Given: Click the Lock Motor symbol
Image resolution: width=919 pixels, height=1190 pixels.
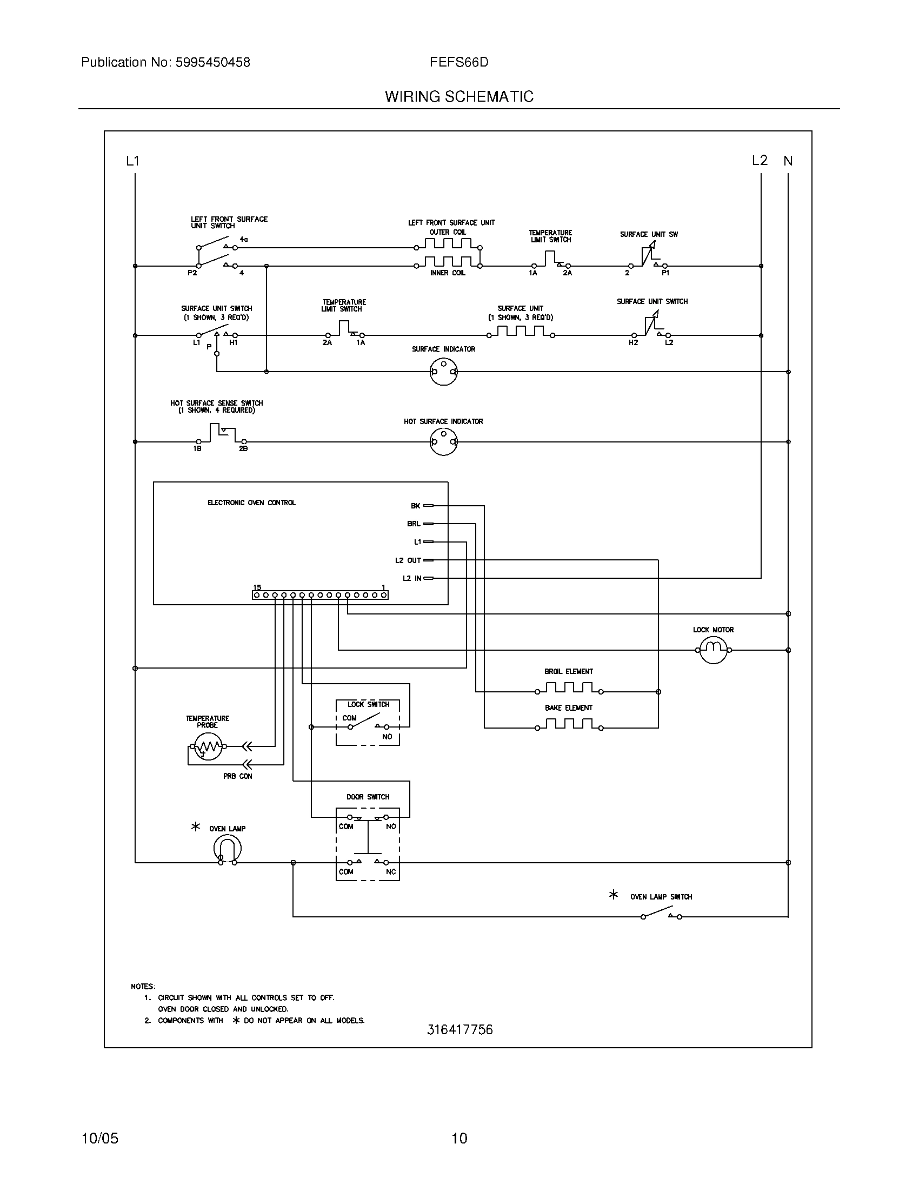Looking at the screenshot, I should tap(713, 650).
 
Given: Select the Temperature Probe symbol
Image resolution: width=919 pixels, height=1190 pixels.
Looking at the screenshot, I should tap(208, 746).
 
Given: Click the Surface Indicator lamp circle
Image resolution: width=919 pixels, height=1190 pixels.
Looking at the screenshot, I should tap(443, 372).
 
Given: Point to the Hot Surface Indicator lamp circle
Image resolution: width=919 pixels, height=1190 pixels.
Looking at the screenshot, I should tap(443, 442).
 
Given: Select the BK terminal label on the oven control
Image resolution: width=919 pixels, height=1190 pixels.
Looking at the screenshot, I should tap(415, 506).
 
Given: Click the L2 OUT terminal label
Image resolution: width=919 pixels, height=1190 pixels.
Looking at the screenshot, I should tap(408, 560).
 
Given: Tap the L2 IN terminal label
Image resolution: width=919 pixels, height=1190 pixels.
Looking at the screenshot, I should tap(411, 578).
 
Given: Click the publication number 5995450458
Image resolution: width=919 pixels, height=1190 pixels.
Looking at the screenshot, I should tap(213, 63).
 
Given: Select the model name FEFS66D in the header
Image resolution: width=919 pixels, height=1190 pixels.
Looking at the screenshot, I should tap(459, 63).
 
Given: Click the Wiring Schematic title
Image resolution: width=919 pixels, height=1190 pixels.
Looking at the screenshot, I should tap(459, 97).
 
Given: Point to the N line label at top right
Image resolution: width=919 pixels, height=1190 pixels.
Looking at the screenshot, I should tap(788, 161).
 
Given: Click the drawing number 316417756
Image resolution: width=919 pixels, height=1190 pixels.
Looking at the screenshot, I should tap(459, 1030).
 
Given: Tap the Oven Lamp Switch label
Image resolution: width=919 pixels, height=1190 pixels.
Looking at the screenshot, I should tap(661, 897).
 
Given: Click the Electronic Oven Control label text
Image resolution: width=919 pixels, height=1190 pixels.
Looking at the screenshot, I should tap(251, 503).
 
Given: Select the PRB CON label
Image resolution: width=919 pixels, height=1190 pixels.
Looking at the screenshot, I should tap(237, 776).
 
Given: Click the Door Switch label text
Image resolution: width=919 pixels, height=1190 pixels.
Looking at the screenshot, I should tap(368, 797).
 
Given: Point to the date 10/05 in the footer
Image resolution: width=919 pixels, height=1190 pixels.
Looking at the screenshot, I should tap(99, 1138).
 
